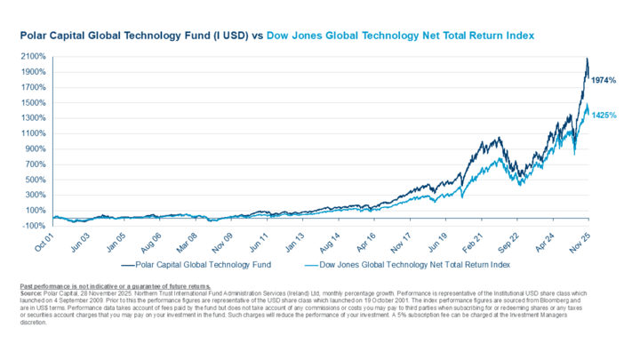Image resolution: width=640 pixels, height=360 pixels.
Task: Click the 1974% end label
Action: click(604, 81)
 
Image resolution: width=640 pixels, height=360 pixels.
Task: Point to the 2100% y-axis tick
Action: click(35, 56)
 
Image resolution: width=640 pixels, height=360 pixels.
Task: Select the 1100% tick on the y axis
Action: click(35, 133)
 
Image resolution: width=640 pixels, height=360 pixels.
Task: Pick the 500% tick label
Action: click(37, 180)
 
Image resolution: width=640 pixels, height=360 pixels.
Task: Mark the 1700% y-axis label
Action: click(35, 87)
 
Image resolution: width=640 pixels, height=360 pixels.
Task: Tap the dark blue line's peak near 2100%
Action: click(587, 60)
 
